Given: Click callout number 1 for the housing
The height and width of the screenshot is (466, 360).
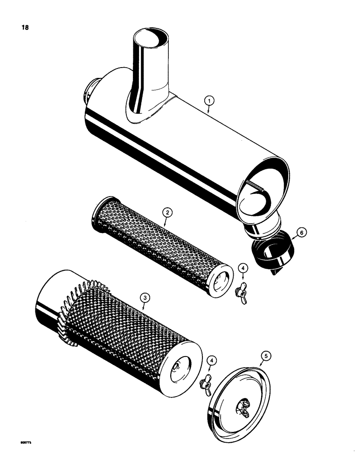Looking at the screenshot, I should point(210,100).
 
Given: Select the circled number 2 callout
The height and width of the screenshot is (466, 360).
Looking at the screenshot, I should point(167,212).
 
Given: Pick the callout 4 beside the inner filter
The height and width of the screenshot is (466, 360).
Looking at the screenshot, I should point(242,268).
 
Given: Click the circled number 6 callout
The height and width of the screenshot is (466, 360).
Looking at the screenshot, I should point(302,232).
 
